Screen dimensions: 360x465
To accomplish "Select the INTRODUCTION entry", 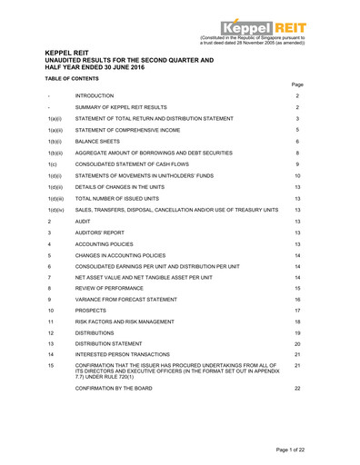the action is click(x=95, y=95).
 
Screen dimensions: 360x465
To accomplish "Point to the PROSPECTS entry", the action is click(x=92, y=311).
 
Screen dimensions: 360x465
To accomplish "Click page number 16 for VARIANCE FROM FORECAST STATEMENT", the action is click(x=297, y=298).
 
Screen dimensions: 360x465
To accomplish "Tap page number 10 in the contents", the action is click(x=297, y=176).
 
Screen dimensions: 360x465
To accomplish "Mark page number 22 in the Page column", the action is click(x=297, y=388).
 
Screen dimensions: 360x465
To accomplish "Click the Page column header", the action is click(x=297, y=84).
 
